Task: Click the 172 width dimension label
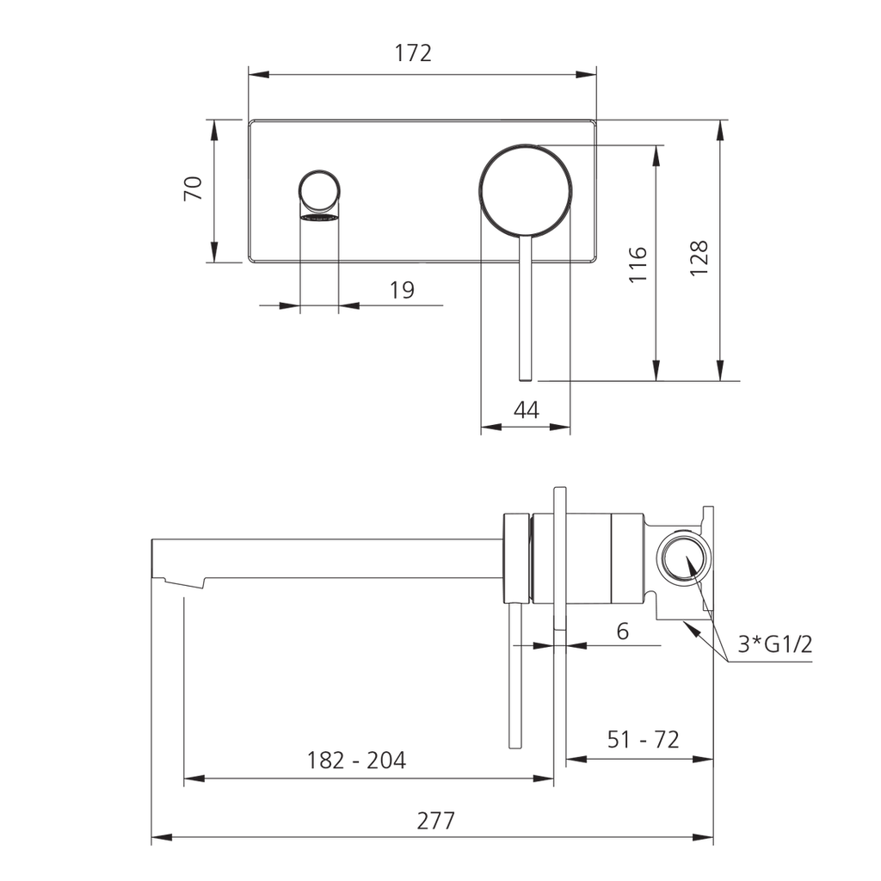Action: pos(413,52)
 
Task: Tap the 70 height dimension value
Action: pos(194,188)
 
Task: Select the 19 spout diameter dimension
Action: pos(403,290)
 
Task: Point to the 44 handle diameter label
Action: pos(527,410)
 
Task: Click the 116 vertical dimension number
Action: pos(638,265)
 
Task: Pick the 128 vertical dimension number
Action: pos(699,258)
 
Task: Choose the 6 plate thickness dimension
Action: pos(623,631)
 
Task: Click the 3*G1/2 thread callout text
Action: pos(775,644)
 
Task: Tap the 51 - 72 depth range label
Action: pos(644,739)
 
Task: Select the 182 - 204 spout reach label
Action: pos(356,761)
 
